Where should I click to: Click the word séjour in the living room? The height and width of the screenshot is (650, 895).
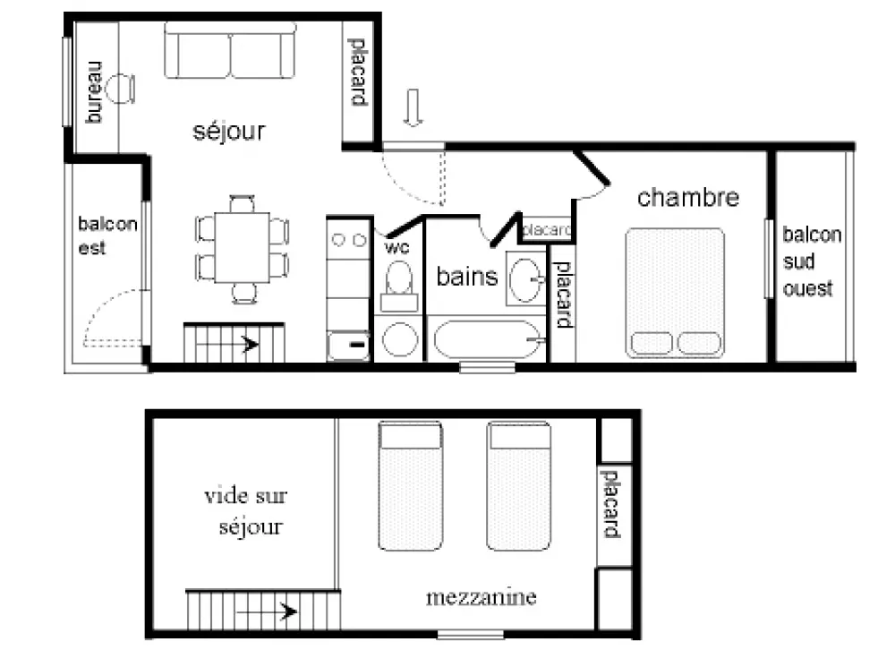coord(229,132)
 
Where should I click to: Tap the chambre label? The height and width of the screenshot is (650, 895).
coord(687,198)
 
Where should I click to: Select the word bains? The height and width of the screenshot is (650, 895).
coord(467,277)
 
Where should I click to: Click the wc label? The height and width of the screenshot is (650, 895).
coord(396,248)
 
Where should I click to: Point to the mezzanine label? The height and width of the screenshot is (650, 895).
coord(482,597)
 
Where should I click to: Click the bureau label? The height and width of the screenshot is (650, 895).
coord(94,92)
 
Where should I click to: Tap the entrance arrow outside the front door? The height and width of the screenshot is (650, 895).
coord(413,107)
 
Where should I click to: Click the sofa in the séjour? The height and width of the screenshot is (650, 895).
coord(230,50)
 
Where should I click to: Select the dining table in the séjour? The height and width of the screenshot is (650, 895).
coord(242,247)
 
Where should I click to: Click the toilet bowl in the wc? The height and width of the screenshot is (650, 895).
coord(399,278)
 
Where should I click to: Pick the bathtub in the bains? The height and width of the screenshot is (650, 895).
coord(487,339)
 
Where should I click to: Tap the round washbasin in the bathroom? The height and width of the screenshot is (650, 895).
coord(525,280)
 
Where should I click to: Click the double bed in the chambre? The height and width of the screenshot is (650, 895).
coord(675,293)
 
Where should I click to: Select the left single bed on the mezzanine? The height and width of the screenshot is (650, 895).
coord(411,486)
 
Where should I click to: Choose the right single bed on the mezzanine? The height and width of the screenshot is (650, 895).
coord(519,486)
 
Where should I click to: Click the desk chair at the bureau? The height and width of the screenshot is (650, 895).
coord(122,90)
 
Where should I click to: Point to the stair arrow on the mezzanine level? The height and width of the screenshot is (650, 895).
coord(267,612)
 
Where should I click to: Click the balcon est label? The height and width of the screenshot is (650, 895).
coord(107,235)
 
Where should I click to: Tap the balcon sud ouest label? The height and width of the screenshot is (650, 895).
coord(812,261)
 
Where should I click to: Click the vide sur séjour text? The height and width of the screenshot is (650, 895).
coord(246,512)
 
